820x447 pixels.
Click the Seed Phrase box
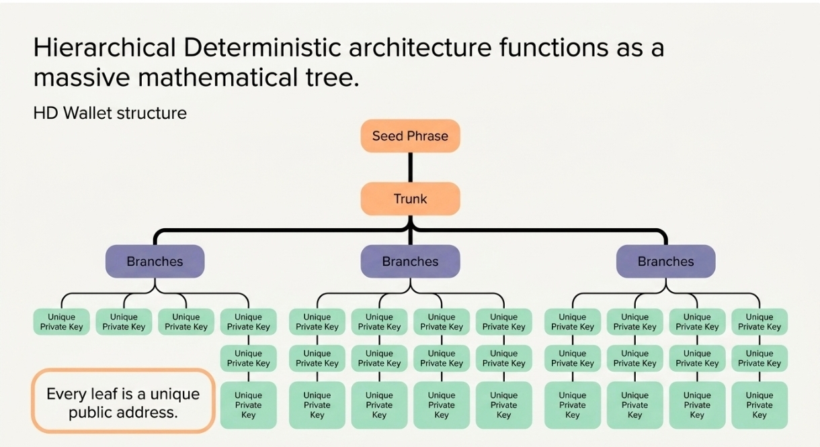click(x=411, y=136)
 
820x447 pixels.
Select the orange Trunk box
click(x=411, y=199)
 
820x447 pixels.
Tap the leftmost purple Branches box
click(x=155, y=261)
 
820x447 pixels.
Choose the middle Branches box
click(x=411, y=261)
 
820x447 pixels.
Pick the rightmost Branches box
click(x=666, y=261)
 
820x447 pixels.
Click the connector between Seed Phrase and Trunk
click(x=411, y=167)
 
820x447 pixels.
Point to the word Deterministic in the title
click(x=262, y=48)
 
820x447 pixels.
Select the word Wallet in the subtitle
click(x=87, y=113)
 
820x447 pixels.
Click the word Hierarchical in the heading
click(x=105, y=48)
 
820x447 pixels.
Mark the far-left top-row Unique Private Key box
click(x=62, y=321)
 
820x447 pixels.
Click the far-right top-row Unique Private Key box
click(x=760, y=321)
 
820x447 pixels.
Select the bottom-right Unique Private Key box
click(x=760, y=405)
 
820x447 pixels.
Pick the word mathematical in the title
click(x=218, y=78)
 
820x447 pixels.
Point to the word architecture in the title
click(x=420, y=48)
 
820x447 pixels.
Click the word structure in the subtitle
click(x=151, y=113)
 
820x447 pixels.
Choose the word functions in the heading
click(x=554, y=48)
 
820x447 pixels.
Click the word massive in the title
click(x=81, y=78)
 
